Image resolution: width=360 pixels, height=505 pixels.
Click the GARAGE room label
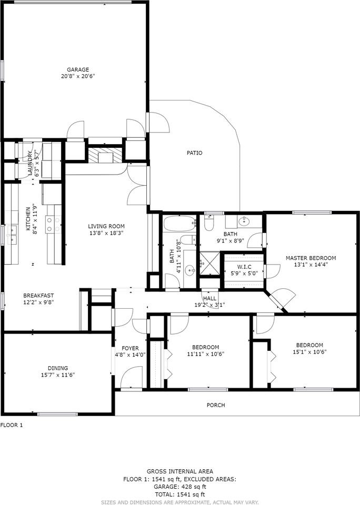[x=77, y=69]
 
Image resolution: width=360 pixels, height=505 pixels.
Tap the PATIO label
[x=195, y=153]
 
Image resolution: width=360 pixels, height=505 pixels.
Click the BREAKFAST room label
[x=38, y=296]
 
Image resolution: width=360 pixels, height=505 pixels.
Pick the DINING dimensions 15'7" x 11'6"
[x=58, y=375]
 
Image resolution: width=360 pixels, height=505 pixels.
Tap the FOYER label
[x=130, y=348]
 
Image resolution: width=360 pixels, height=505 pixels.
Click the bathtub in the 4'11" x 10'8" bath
[x=179, y=224]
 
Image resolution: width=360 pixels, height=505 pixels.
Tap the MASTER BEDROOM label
[x=311, y=258]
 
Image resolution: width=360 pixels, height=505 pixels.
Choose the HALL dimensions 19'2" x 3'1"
[x=210, y=305]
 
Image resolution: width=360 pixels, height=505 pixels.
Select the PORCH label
[x=216, y=405]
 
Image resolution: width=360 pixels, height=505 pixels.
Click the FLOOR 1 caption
[x=12, y=425]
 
